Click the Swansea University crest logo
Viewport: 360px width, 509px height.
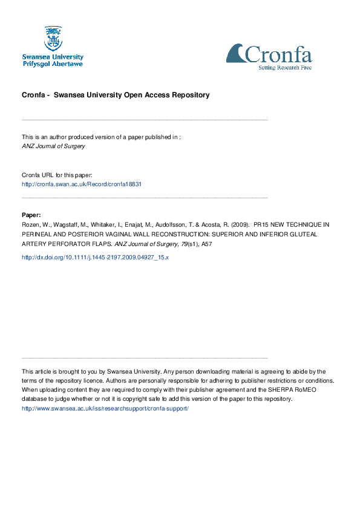[x=53, y=37]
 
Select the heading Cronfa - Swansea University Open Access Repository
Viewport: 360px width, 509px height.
[x=116, y=95]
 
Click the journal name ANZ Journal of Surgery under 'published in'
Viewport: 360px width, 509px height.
[x=53, y=146]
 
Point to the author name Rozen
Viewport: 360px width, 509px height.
[x=32, y=224]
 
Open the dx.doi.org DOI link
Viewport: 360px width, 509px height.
[x=95, y=257]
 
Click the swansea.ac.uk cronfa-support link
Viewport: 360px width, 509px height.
[x=105, y=409]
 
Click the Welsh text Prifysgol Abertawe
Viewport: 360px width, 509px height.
[x=53, y=63]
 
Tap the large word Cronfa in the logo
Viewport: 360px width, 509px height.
[x=278, y=54]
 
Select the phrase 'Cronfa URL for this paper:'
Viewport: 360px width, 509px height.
[x=57, y=175]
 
